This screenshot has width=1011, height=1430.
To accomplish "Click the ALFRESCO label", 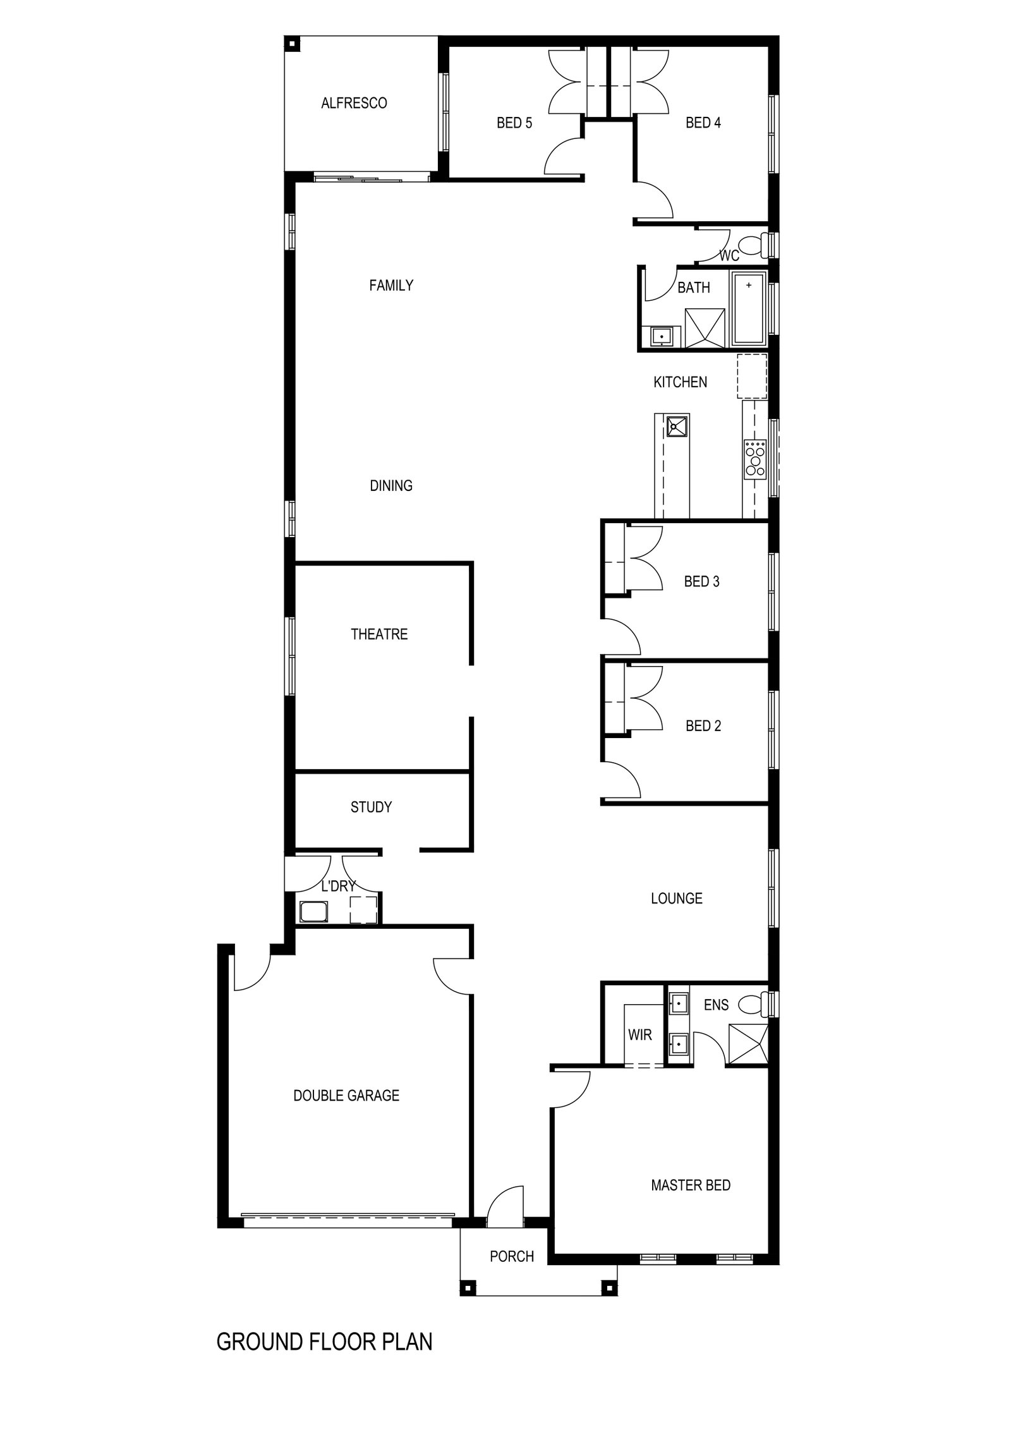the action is (x=354, y=103).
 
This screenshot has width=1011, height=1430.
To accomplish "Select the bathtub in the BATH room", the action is (x=748, y=308).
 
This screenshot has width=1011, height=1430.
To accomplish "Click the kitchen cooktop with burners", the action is (x=754, y=458).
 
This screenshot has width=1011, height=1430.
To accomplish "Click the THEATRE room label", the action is (x=379, y=634).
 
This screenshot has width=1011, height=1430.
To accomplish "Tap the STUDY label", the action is (x=371, y=807).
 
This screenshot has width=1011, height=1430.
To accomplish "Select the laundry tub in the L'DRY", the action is (x=314, y=912).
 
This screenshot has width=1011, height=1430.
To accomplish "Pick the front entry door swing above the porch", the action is (x=505, y=1206).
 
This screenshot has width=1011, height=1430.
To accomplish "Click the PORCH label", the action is (x=512, y=1256).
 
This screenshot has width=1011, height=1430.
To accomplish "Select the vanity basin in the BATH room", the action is (x=661, y=336).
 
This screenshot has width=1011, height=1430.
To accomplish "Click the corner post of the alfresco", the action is (x=293, y=44).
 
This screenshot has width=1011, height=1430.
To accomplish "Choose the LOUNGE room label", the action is (x=677, y=898).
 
